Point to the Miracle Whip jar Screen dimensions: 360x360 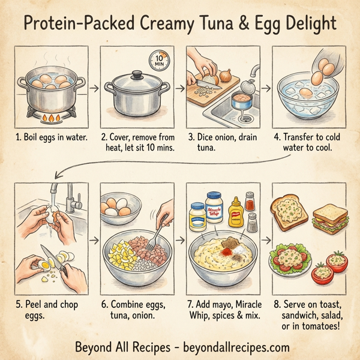(214, 208)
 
